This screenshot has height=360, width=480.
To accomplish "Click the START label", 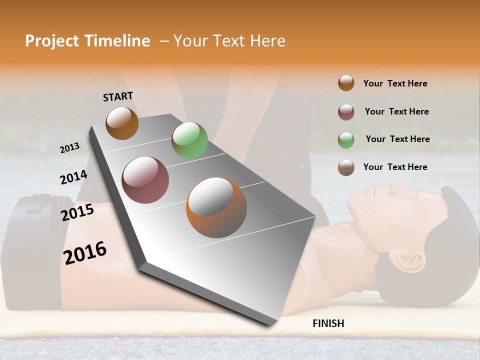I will pyautogui.click(x=118, y=96).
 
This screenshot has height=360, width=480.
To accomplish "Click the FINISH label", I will pyautogui.click(x=328, y=323).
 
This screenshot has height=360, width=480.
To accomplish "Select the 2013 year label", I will pyautogui.click(x=70, y=148).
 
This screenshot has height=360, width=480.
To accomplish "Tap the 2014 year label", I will pyautogui.click(x=73, y=177).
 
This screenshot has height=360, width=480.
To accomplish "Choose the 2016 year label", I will pyautogui.click(x=85, y=252).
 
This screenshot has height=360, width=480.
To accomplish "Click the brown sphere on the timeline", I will pyautogui.click(x=122, y=123).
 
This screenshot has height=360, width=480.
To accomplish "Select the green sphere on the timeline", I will pyautogui.click(x=189, y=140).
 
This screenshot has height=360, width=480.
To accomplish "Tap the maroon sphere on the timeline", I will pyautogui.click(x=145, y=180).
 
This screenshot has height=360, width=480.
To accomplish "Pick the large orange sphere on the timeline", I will pyautogui.click(x=216, y=207).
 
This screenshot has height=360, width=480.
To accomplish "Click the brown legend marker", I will pyautogui.click(x=346, y=83).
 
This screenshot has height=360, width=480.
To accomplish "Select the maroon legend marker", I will pyautogui.click(x=346, y=112).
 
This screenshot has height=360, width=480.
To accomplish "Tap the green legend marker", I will pyautogui.click(x=346, y=139).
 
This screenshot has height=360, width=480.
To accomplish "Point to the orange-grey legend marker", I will pyautogui.click(x=346, y=167).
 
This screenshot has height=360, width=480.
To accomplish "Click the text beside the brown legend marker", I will pyautogui.click(x=395, y=83).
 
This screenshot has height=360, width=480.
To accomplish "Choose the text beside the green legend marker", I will pyautogui.click(x=397, y=139).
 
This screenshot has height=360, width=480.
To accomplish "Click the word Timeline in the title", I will pyautogui.click(x=118, y=41).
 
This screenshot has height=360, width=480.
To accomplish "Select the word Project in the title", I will pyautogui.click(x=52, y=41).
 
